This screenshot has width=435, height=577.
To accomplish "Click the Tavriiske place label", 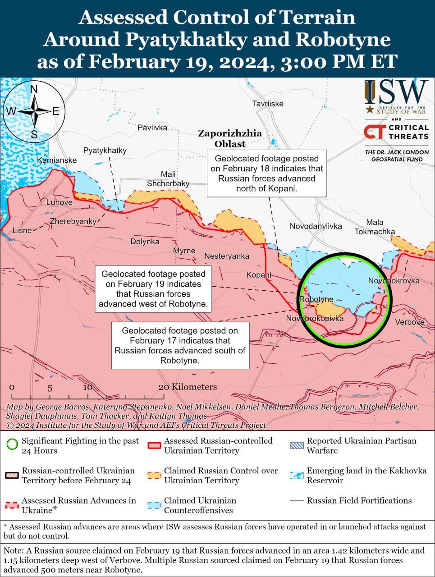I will [268, 104].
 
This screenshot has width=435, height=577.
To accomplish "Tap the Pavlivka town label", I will [152, 128].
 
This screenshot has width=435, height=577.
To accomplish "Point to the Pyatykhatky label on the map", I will [105, 151].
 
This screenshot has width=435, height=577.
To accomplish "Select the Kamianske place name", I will [57, 160].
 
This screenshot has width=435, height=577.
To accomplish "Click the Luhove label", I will [59, 202].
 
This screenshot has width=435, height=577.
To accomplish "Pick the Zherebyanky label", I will [73, 221].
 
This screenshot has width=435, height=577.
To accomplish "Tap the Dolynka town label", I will [145, 242].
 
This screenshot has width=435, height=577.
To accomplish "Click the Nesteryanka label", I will [226, 256].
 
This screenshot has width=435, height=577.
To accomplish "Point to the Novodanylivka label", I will [316, 226].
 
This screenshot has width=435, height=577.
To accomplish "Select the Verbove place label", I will [409, 322].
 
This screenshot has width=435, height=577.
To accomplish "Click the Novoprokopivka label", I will [315, 319].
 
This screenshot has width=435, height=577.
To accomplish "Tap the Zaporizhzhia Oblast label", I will [230, 138].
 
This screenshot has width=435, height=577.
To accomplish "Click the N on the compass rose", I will [34, 89].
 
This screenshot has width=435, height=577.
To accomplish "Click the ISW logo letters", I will [396, 92].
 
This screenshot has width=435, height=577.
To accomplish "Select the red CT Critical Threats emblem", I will [375, 132].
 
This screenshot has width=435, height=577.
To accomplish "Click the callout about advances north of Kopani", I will [266, 174].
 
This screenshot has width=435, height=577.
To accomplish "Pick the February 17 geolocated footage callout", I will [180, 345].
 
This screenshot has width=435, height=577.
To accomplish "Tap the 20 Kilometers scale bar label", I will [188, 387].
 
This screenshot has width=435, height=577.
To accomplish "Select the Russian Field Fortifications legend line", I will [297, 501].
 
